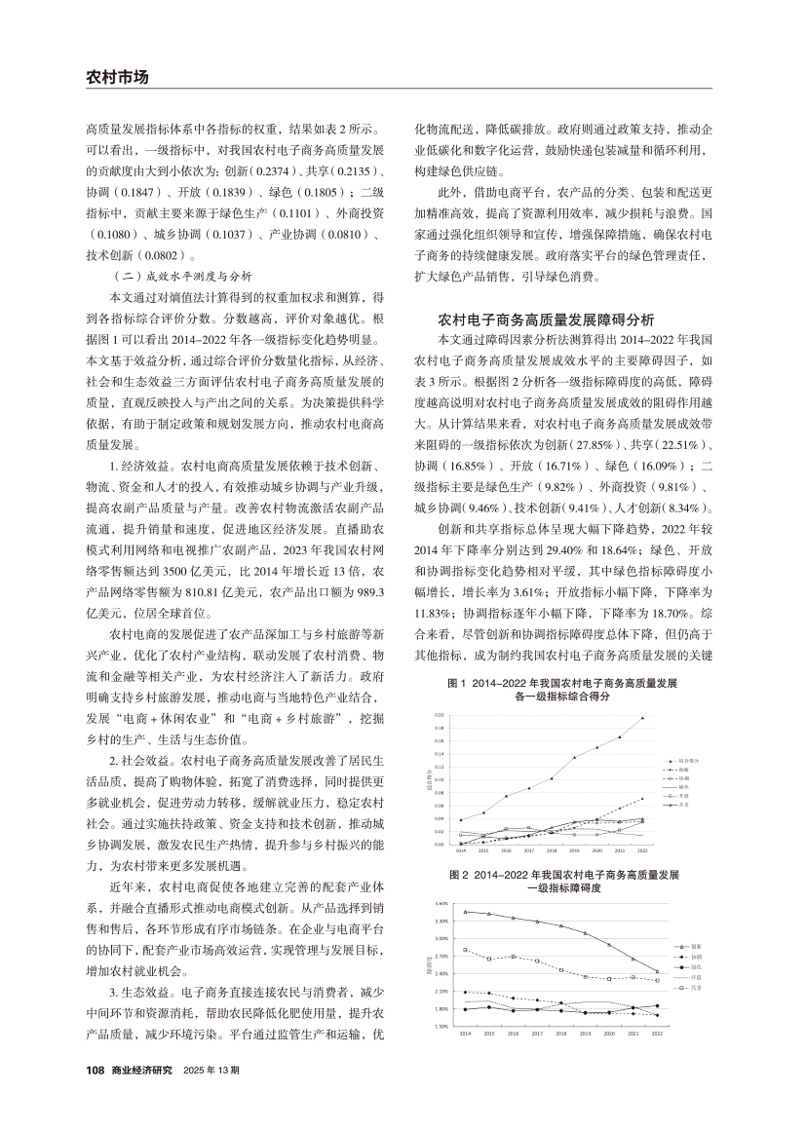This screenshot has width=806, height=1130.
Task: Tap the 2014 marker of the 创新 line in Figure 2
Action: (x=465, y=912)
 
